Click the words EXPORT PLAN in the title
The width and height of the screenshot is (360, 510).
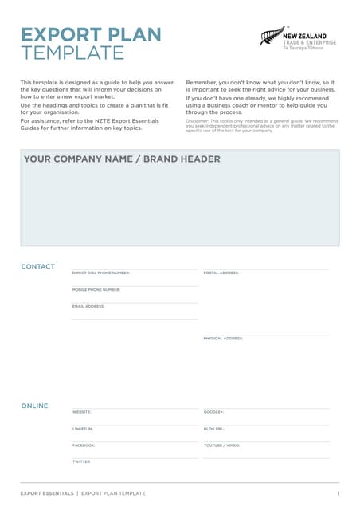tap(90, 35)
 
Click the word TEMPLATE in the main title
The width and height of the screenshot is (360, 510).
tap(72, 53)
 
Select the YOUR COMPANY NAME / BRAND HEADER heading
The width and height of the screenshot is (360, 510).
tap(122, 159)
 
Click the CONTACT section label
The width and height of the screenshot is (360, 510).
tap(37, 266)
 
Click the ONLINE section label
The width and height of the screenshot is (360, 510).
tap(34, 406)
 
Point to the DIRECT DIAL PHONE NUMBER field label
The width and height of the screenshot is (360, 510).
tap(100, 273)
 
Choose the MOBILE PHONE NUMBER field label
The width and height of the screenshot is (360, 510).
tap(96, 289)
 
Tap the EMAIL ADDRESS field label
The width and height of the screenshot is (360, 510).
tap(88, 306)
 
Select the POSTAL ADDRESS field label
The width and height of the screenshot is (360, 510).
tap(221, 273)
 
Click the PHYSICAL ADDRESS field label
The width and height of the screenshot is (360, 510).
tap(223, 338)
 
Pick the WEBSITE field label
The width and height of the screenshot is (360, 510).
tap(81, 412)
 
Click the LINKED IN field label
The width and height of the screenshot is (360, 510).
tap(82, 429)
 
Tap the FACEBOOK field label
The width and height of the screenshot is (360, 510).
tap(83, 445)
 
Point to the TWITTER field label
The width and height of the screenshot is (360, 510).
tap(81, 461)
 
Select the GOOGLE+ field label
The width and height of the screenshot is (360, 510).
tap(213, 412)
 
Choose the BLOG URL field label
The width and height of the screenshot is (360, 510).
tap(213, 429)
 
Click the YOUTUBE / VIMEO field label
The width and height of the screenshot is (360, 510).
tap(221, 445)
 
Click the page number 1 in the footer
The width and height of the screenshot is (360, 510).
tap(338, 494)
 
